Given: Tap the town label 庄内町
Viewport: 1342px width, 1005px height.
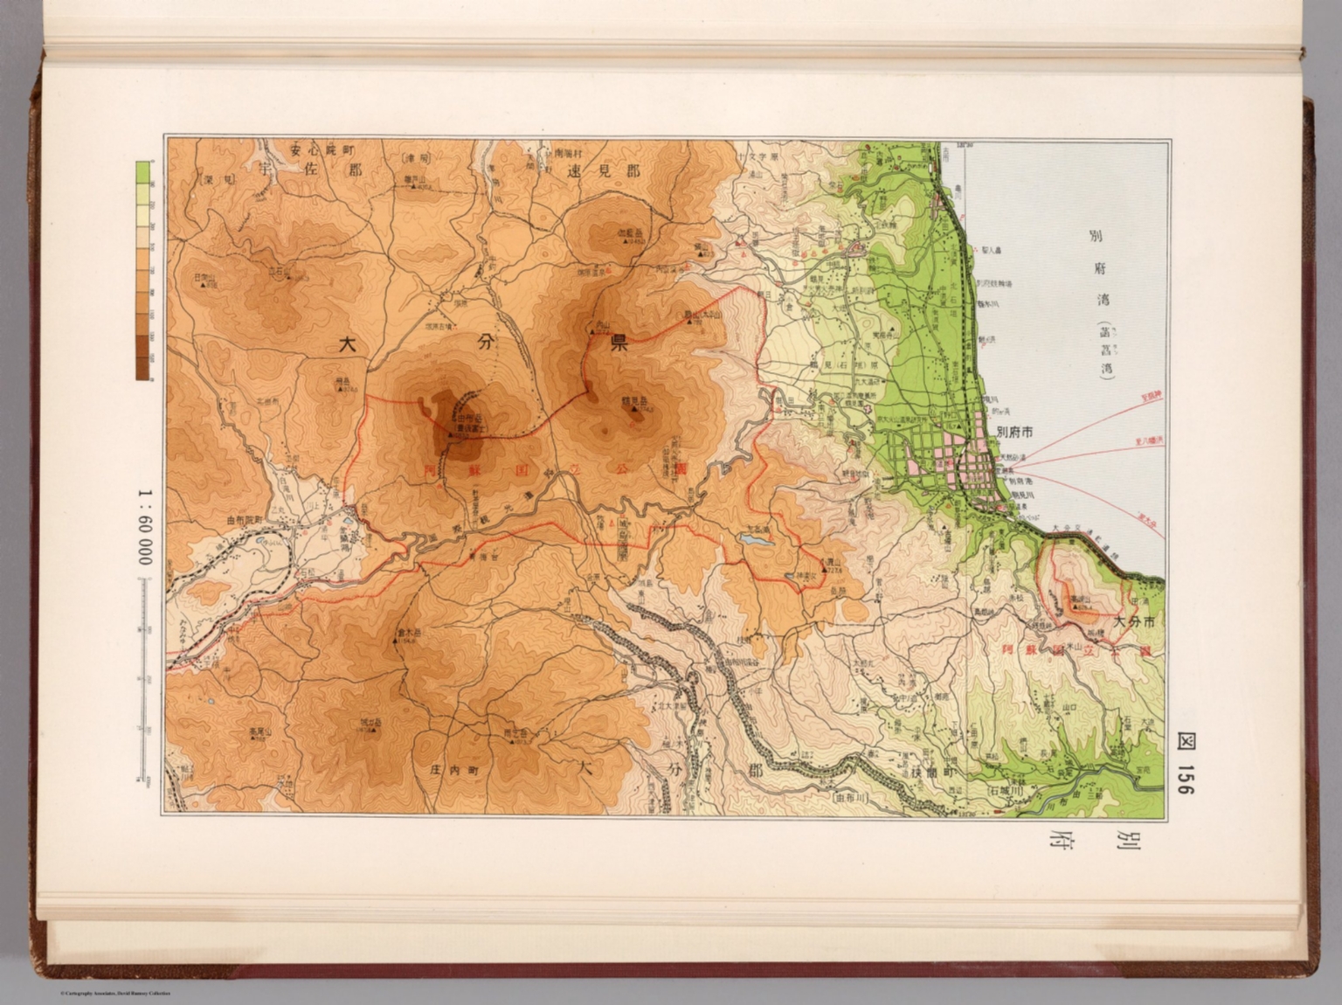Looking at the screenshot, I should (x=457, y=772).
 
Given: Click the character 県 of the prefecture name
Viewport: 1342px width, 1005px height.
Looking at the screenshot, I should (x=619, y=343).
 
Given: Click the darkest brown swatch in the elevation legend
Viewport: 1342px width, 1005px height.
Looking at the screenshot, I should (x=142, y=371).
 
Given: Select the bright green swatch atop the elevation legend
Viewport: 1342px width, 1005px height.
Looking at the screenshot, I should (x=142, y=172).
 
